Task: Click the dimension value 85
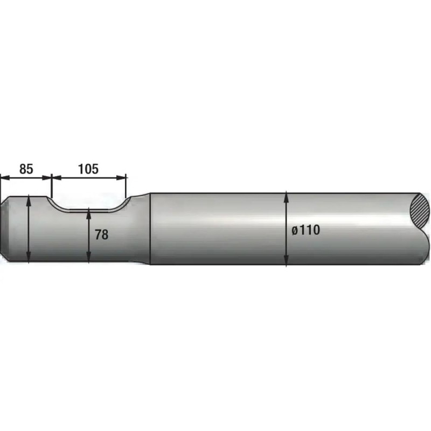coord(26,169)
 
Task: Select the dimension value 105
coord(88,169)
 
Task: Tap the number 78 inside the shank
coord(101,234)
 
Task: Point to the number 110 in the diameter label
coord(309,230)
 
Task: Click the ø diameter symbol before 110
coord(295,231)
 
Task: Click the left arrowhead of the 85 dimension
coord(5,178)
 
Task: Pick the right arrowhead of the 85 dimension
coord(47,178)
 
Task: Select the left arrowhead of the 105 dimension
coord(57,178)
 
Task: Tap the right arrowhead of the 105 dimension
coord(121,178)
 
